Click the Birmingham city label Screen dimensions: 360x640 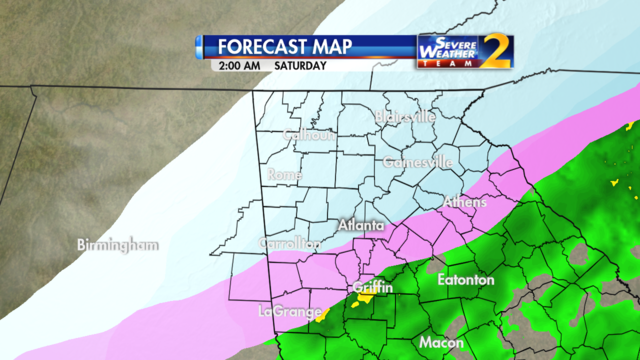tap(118, 245)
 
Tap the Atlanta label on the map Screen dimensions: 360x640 tap(361, 226)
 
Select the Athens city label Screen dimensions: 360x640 tap(465, 202)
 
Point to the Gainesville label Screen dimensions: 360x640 tap(418, 162)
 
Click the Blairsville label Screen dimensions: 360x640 tap(405, 117)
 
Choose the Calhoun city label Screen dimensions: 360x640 tap(308, 135)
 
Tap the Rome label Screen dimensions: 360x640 tap(285, 175)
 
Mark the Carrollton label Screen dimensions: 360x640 tap(290, 243)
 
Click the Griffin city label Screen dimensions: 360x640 tap(372, 288)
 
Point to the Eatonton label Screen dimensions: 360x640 tap(466, 280)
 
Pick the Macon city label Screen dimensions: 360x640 tap(441, 342)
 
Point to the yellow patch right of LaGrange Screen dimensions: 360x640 tap(322, 317)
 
